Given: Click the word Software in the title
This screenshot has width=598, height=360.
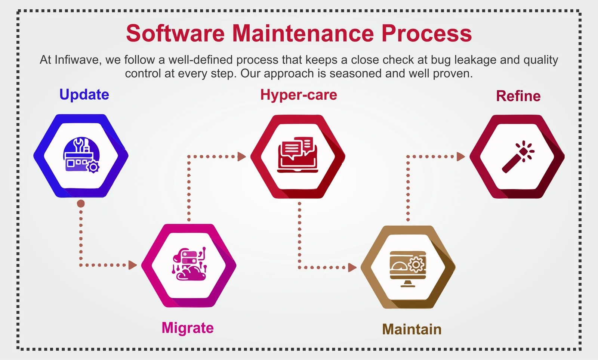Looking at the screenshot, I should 175,33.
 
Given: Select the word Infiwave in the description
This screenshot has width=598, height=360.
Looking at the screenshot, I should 77,60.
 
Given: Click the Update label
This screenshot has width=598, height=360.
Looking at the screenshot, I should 84,94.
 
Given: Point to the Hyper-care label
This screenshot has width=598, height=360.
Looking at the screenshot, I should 299,95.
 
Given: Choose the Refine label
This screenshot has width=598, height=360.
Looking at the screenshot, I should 518,96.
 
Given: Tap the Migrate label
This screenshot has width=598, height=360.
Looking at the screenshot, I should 188,328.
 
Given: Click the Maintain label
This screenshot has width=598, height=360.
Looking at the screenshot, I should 411,329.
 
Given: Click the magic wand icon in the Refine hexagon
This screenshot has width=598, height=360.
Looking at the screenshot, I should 518,157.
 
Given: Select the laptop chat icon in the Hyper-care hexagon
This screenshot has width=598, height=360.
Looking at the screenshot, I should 297,155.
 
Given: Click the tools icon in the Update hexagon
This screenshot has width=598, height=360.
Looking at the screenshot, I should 81,155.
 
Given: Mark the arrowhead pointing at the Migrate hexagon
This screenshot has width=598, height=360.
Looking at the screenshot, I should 132,265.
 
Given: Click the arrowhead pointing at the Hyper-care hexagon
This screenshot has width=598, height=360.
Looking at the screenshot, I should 242,156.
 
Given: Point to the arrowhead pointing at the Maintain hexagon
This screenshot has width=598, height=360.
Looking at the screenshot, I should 352,267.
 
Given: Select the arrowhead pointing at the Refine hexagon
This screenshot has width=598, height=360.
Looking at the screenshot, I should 461,156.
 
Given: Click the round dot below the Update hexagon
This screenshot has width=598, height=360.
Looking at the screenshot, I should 81,204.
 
